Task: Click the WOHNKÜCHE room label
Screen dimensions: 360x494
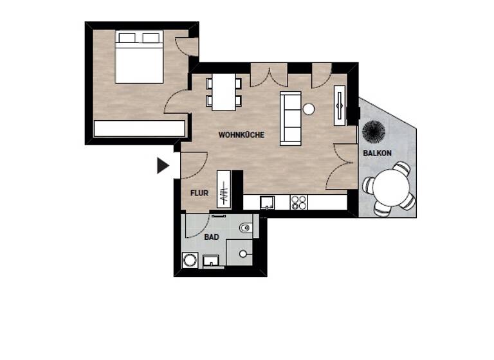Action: pyautogui.click(x=241, y=135)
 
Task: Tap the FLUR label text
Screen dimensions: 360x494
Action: pyautogui.click(x=198, y=192)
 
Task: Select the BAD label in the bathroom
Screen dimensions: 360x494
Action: pyautogui.click(x=212, y=237)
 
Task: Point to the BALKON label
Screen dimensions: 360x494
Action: pyautogui.click(x=377, y=153)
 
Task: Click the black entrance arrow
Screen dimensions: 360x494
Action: pyautogui.click(x=163, y=166)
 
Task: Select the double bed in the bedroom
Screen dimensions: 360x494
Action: pyautogui.click(x=139, y=57)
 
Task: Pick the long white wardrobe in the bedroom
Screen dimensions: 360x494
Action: pyautogui.click(x=139, y=129)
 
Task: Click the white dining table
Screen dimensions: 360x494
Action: pyautogui.click(x=224, y=92)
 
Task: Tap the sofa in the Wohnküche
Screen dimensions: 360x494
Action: pyautogui.click(x=291, y=118)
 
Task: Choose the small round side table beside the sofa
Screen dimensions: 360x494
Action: pyautogui.click(x=309, y=109)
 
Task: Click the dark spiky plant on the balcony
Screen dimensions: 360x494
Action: pyautogui.click(x=374, y=132)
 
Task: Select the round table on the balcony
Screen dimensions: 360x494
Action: pyautogui.click(x=389, y=188)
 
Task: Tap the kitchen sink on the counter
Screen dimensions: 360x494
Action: pyautogui.click(x=268, y=203)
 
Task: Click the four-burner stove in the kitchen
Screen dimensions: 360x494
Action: pyautogui.click(x=298, y=203)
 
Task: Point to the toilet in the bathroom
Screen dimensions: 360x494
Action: pyautogui.click(x=246, y=228)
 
